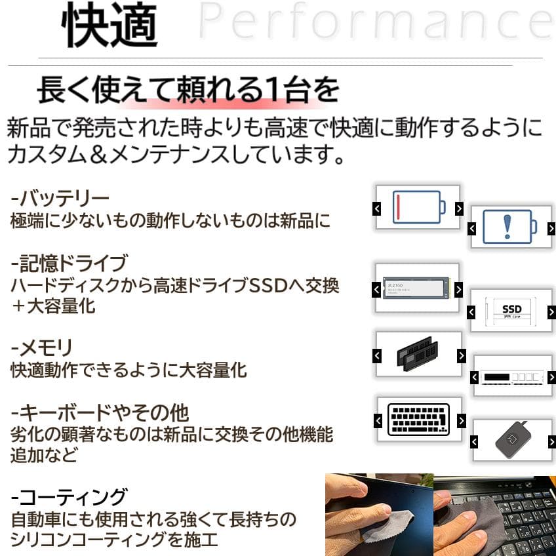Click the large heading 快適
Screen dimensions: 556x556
click(109, 26)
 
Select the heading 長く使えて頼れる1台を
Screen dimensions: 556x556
click(188, 90)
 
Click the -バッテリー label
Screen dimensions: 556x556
click(60, 197)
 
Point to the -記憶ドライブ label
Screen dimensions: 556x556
click(69, 264)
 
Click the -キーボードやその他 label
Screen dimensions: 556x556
click(100, 413)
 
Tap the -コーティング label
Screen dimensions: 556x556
click(69, 496)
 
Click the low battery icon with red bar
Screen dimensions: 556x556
click(418, 207)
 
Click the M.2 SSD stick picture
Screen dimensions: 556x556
click(416, 288)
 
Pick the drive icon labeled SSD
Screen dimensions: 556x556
click(511, 310)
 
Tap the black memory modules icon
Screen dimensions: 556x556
click(417, 354)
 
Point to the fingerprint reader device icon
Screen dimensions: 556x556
click(512, 441)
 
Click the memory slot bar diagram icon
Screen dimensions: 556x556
click(511, 377)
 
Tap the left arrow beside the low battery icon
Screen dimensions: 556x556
click(376, 208)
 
